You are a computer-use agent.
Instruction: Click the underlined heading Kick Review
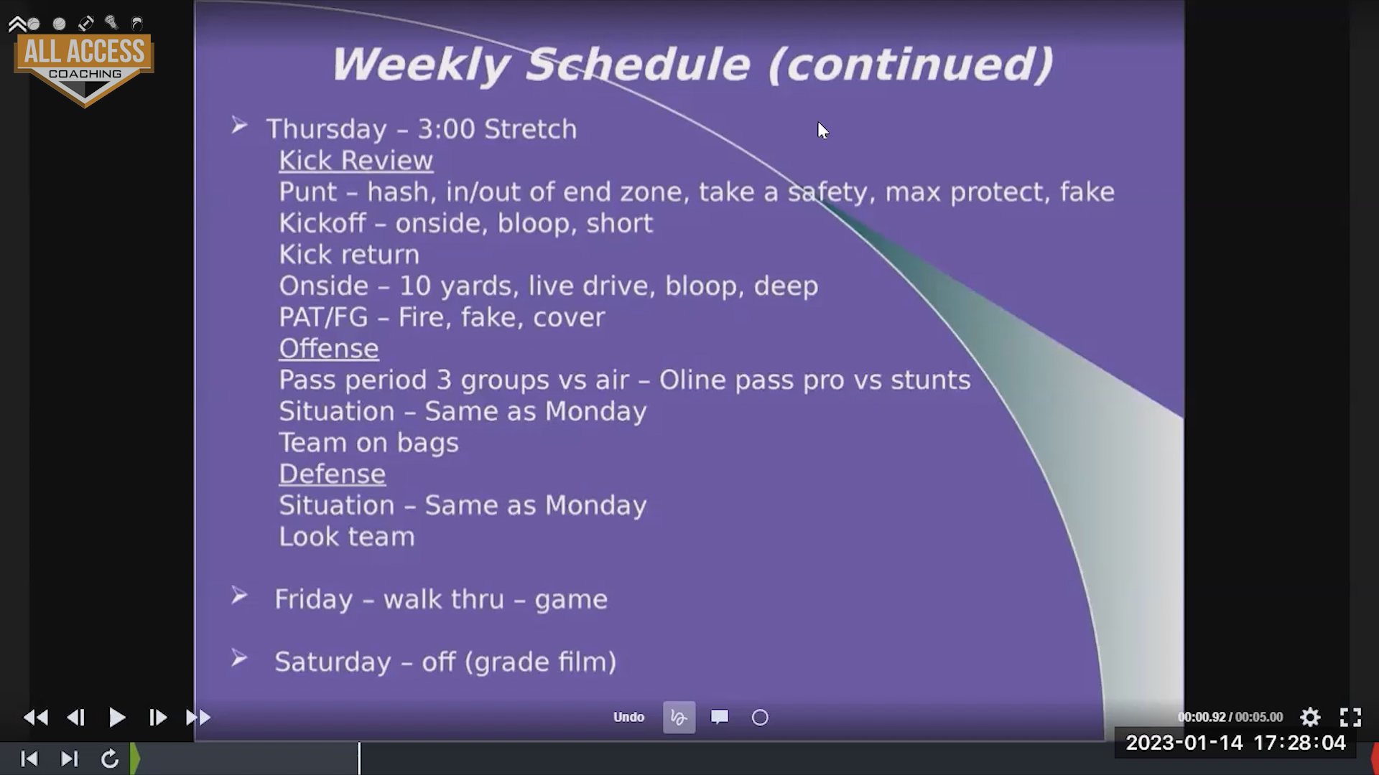pos(356,161)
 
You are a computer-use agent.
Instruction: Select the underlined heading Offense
pos(328,349)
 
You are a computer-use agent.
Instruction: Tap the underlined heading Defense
pos(332,474)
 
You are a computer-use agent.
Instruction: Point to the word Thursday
pos(327,130)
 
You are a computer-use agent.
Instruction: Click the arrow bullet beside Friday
pos(239,596)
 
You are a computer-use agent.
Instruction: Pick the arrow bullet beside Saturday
pos(239,658)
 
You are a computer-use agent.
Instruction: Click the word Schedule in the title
pos(639,65)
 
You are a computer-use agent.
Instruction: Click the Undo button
pos(628,717)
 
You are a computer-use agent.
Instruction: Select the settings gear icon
pos(1310,717)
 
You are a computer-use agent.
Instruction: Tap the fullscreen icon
pos(1350,717)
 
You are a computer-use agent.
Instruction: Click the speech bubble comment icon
pos(720,717)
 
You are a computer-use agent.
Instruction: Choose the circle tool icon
pos(760,718)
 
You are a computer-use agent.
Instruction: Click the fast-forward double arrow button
pos(198,717)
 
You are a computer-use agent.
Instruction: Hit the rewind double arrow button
pos(35,717)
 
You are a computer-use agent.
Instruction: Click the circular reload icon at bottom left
pos(110,758)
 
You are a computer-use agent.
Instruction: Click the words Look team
pos(347,537)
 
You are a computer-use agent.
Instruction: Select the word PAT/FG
pos(323,317)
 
